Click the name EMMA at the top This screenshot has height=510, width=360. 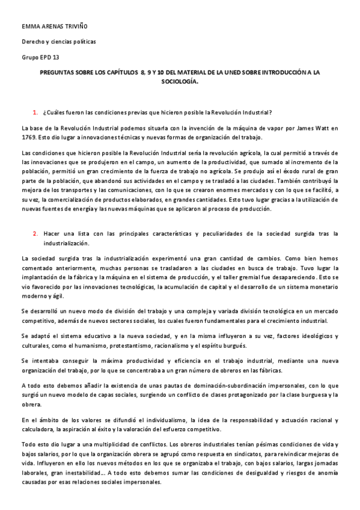[x=29, y=27]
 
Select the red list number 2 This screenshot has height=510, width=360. [x=35, y=233]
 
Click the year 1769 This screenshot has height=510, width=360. [x=28, y=137]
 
